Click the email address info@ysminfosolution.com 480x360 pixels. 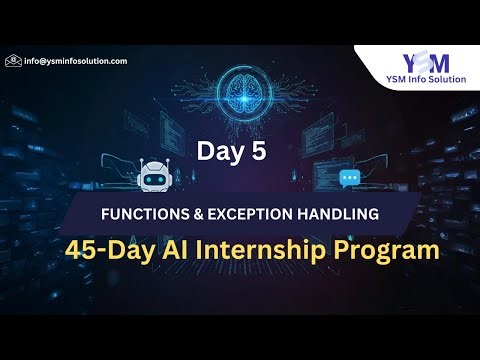click(76, 61)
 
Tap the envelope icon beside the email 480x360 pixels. click(13, 61)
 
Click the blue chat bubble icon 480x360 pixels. click(349, 179)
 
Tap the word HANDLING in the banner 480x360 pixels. click(342, 213)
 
